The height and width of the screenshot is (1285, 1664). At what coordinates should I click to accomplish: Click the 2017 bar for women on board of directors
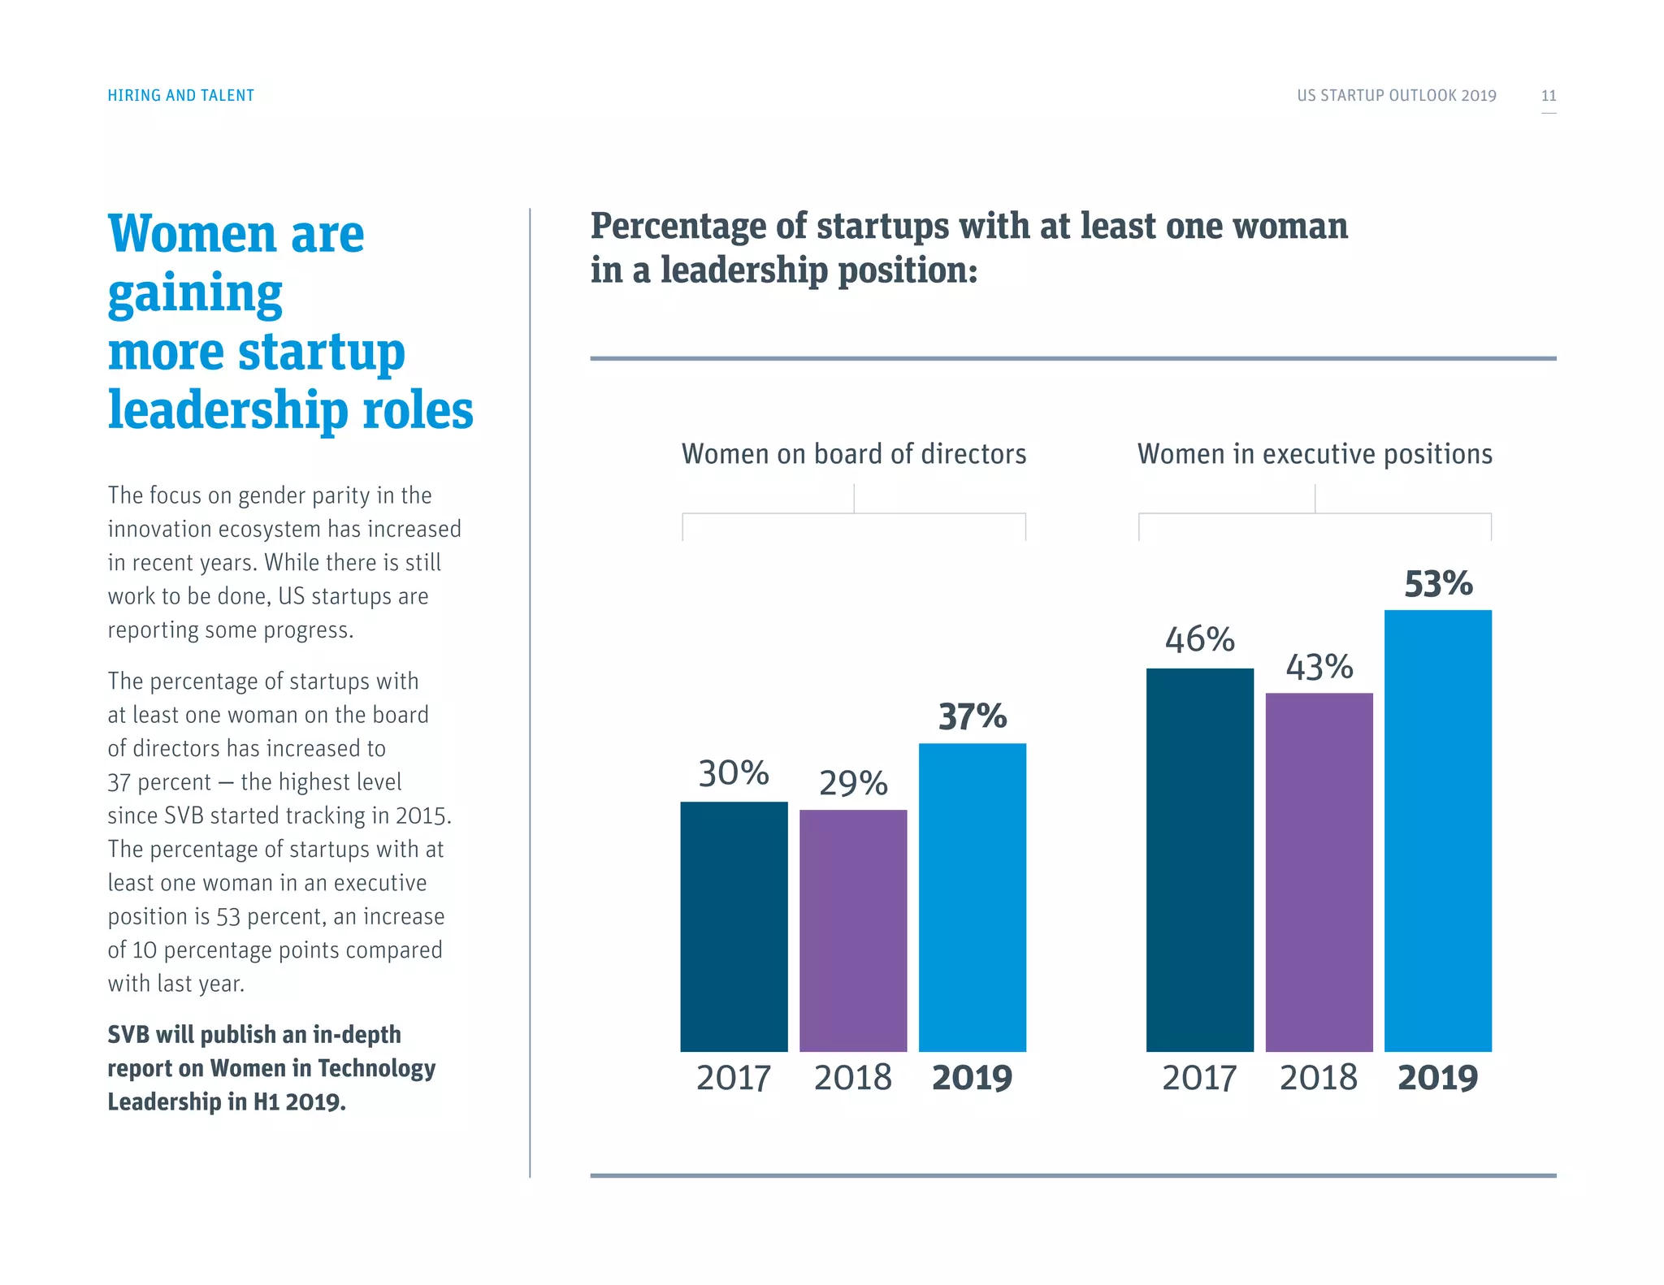[x=734, y=926]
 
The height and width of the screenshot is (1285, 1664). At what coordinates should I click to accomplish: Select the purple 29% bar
[x=853, y=930]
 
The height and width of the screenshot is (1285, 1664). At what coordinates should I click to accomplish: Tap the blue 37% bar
[x=973, y=898]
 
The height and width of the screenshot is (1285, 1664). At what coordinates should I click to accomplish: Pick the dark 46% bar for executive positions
[x=1200, y=859]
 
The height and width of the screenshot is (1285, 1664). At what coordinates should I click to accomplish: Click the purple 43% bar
[x=1319, y=872]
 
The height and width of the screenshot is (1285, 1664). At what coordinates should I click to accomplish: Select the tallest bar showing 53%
[x=1438, y=830]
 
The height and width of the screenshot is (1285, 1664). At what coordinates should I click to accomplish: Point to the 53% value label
[x=1438, y=584]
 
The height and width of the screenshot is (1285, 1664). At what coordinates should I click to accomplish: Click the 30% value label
[x=734, y=773]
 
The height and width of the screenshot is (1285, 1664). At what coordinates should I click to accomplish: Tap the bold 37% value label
[x=973, y=716]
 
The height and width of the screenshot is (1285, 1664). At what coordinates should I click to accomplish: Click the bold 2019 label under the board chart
[x=972, y=1078]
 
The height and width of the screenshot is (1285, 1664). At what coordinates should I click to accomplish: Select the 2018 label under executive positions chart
[x=1319, y=1078]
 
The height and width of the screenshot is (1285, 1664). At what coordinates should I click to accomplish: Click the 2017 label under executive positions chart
[x=1199, y=1078]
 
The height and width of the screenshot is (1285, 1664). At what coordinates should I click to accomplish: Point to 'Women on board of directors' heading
[x=854, y=454]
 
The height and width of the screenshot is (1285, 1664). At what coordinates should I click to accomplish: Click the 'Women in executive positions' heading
[x=1315, y=454]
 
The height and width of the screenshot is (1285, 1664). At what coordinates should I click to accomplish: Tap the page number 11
[x=1549, y=96]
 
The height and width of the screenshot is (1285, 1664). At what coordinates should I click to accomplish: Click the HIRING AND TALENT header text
[x=180, y=96]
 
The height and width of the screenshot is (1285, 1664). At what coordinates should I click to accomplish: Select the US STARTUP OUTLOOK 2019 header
[x=1396, y=96]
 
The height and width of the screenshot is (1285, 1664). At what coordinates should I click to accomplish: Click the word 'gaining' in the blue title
[x=195, y=294]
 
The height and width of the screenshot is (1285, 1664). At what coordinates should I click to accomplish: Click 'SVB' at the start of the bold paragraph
[x=128, y=1035]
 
